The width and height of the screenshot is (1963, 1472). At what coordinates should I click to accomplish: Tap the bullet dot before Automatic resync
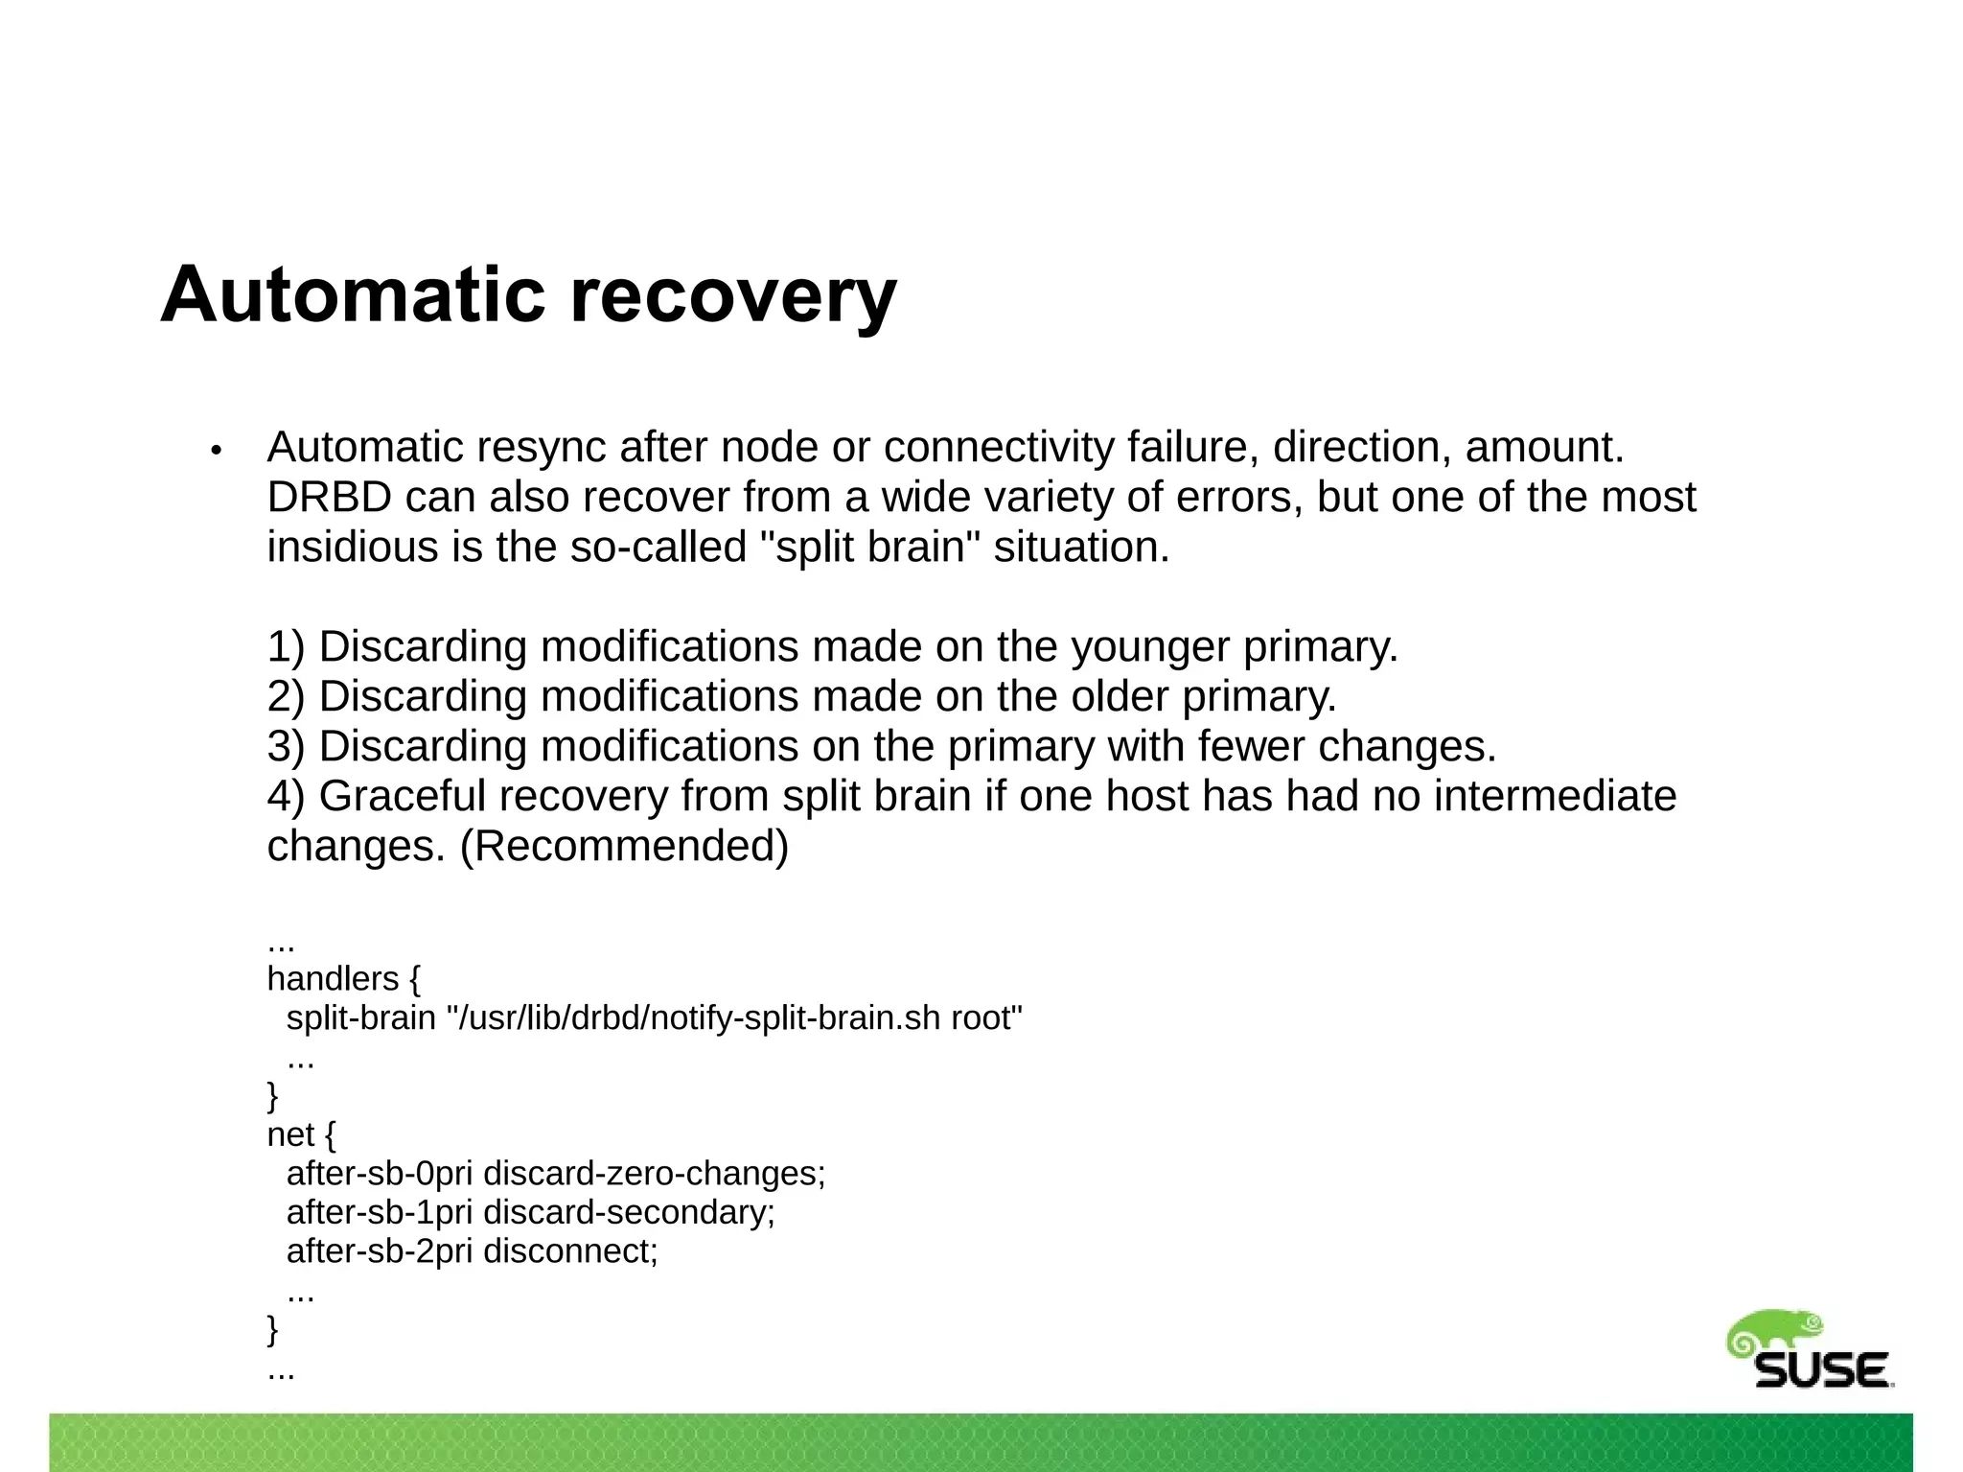[217, 450]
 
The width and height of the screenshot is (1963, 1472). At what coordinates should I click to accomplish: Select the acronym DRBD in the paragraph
[329, 498]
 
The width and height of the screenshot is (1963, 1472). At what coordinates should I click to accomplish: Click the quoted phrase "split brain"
[871, 548]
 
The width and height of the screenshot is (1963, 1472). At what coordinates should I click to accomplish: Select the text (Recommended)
[624, 847]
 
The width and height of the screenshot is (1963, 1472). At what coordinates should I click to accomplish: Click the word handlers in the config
[332, 979]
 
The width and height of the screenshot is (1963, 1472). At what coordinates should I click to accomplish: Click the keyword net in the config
[290, 1135]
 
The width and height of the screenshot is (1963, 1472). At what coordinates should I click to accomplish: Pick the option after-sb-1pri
[380, 1213]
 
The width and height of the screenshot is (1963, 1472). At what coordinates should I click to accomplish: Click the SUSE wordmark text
[1821, 1370]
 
